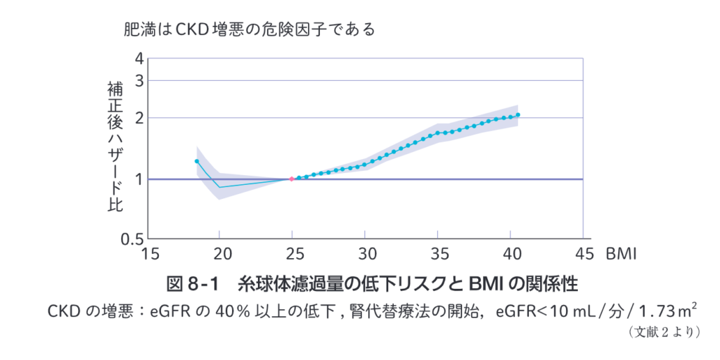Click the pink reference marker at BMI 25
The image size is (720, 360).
(x=292, y=179)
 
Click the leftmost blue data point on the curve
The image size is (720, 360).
(x=197, y=161)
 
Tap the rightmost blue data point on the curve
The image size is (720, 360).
(x=518, y=115)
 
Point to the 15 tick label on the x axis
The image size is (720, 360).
(x=147, y=253)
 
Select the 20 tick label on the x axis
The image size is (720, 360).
(x=219, y=253)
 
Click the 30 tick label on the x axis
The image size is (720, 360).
(x=365, y=253)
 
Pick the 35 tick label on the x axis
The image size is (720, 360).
(x=438, y=253)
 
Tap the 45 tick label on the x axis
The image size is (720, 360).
(x=584, y=253)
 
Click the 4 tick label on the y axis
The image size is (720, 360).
(x=139, y=59)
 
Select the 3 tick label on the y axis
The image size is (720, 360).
(x=139, y=80)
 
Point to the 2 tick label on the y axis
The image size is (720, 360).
(x=139, y=117)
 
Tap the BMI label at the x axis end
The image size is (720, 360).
(x=622, y=253)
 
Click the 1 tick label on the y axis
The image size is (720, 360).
(x=139, y=179)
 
